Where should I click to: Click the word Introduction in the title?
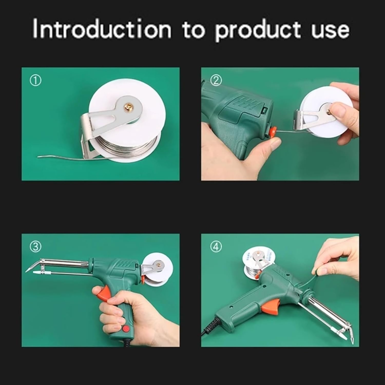pyautogui.click(x=102, y=30)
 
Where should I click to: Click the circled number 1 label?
pyautogui.click(x=35, y=81)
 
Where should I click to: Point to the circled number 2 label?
pyautogui.click(x=216, y=81)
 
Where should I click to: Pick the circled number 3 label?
pyautogui.click(x=35, y=247)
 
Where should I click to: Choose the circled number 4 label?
pyautogui.click(x=216, y=247)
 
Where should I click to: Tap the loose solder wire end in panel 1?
pyautogui.click(x=51, y=156)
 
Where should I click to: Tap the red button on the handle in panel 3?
pyautogui.click(x=126, y=329)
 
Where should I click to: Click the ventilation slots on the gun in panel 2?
pyautogui.click(x=246, y=103)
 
